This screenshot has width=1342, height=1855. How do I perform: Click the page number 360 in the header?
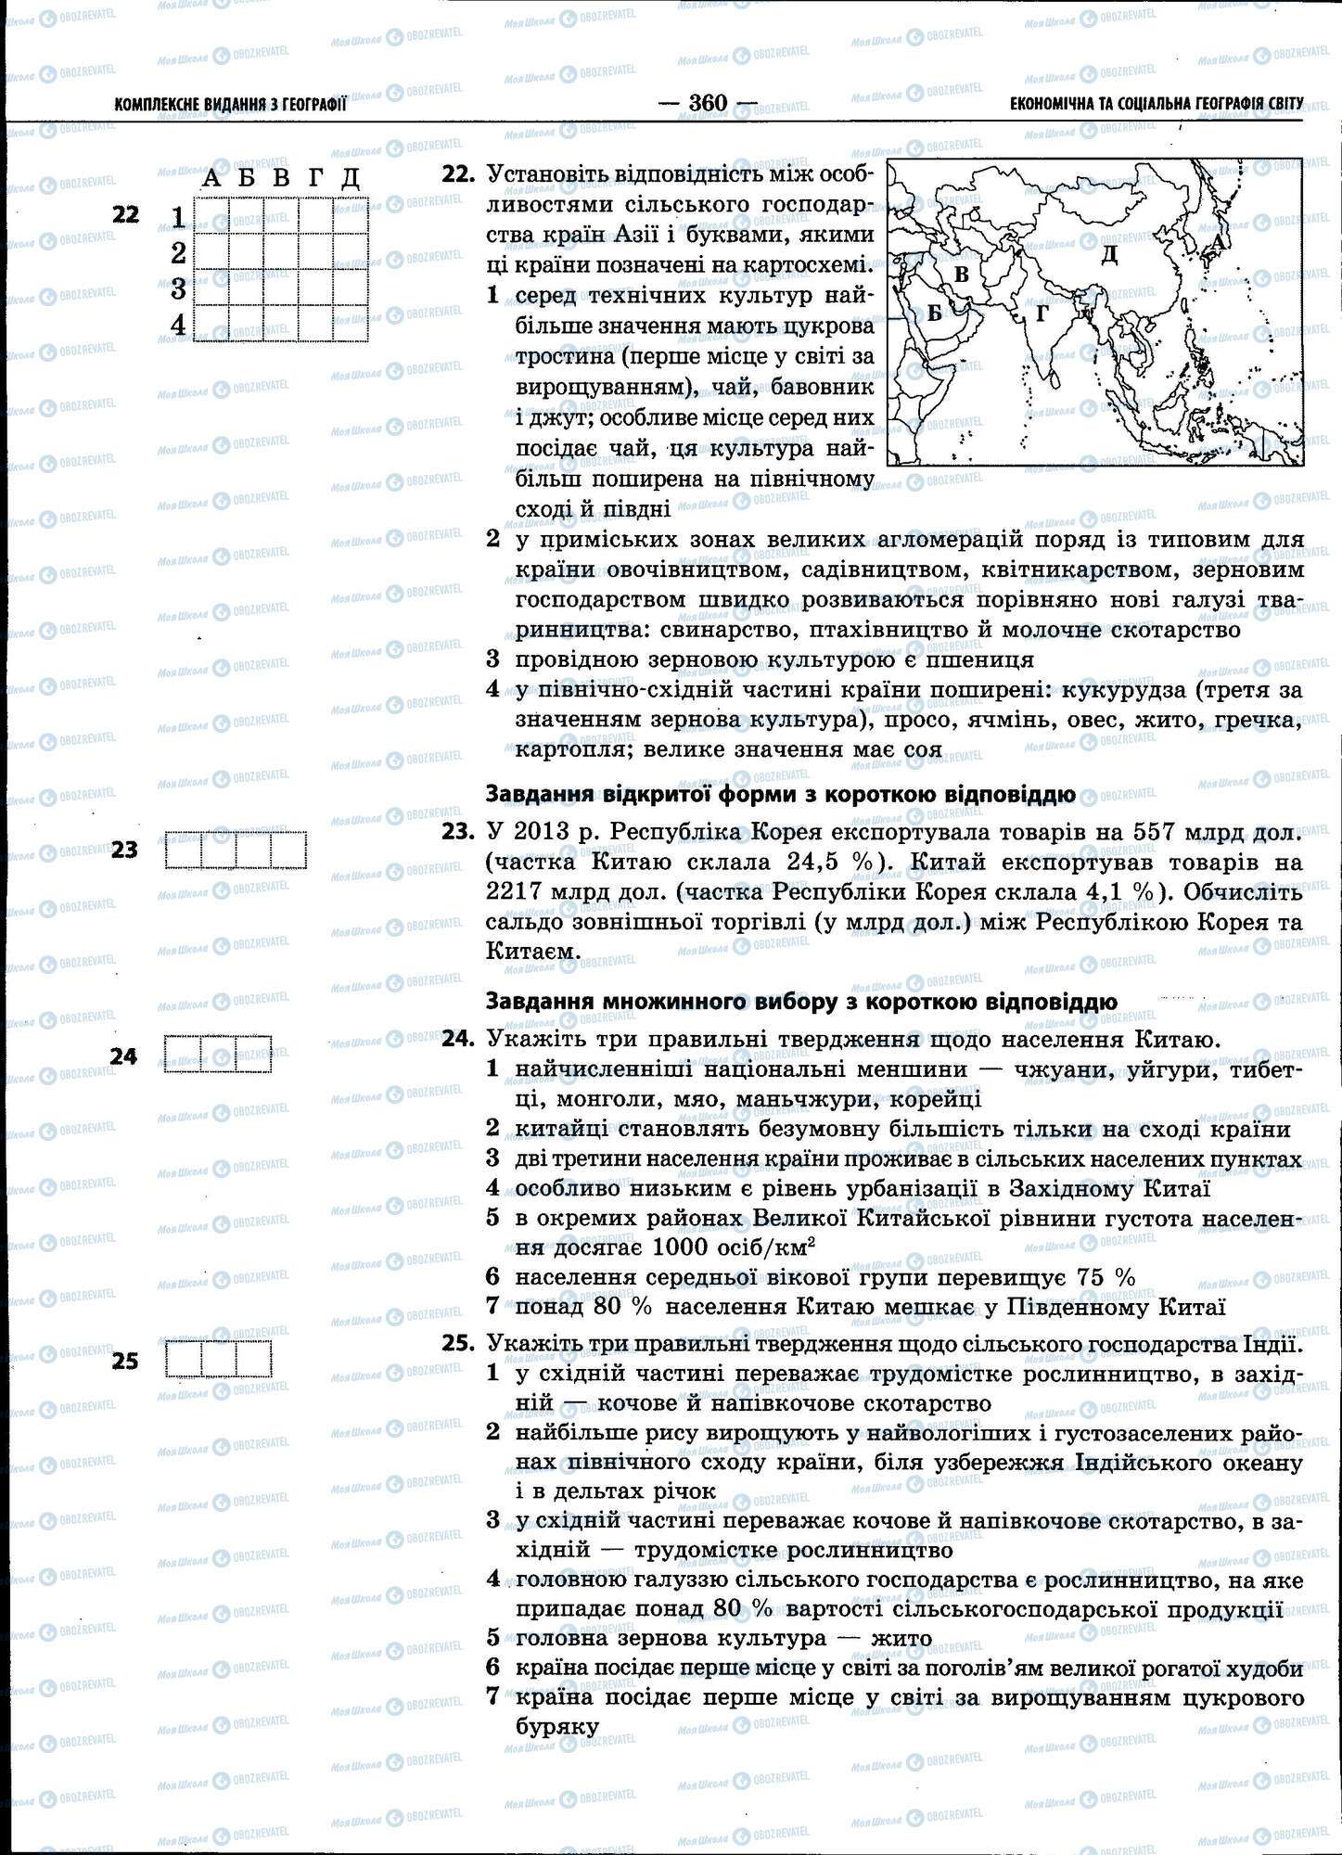tap(709, 103)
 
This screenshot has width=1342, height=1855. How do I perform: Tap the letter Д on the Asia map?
tap(1109, 253)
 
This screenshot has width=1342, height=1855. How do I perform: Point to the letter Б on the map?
tap(935, 313)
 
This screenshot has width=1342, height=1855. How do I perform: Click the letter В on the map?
tap(962, 274)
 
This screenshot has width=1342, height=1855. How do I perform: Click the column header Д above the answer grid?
tap(350, 178)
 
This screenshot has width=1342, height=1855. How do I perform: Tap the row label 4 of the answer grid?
tap(178, 324)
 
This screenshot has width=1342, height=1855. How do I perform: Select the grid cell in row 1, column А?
tap(211, 216)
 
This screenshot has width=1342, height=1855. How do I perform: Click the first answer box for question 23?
tap(183, 851)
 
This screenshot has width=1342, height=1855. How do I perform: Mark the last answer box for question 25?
tap(253, 1359)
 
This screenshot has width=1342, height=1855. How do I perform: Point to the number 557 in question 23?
tap(1157, 832)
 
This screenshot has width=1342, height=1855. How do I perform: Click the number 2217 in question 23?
tap(517, 892)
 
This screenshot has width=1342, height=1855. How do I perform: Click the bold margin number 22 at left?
tap(124, 214)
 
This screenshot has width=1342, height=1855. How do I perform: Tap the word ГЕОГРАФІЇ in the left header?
tap(314, 106)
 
